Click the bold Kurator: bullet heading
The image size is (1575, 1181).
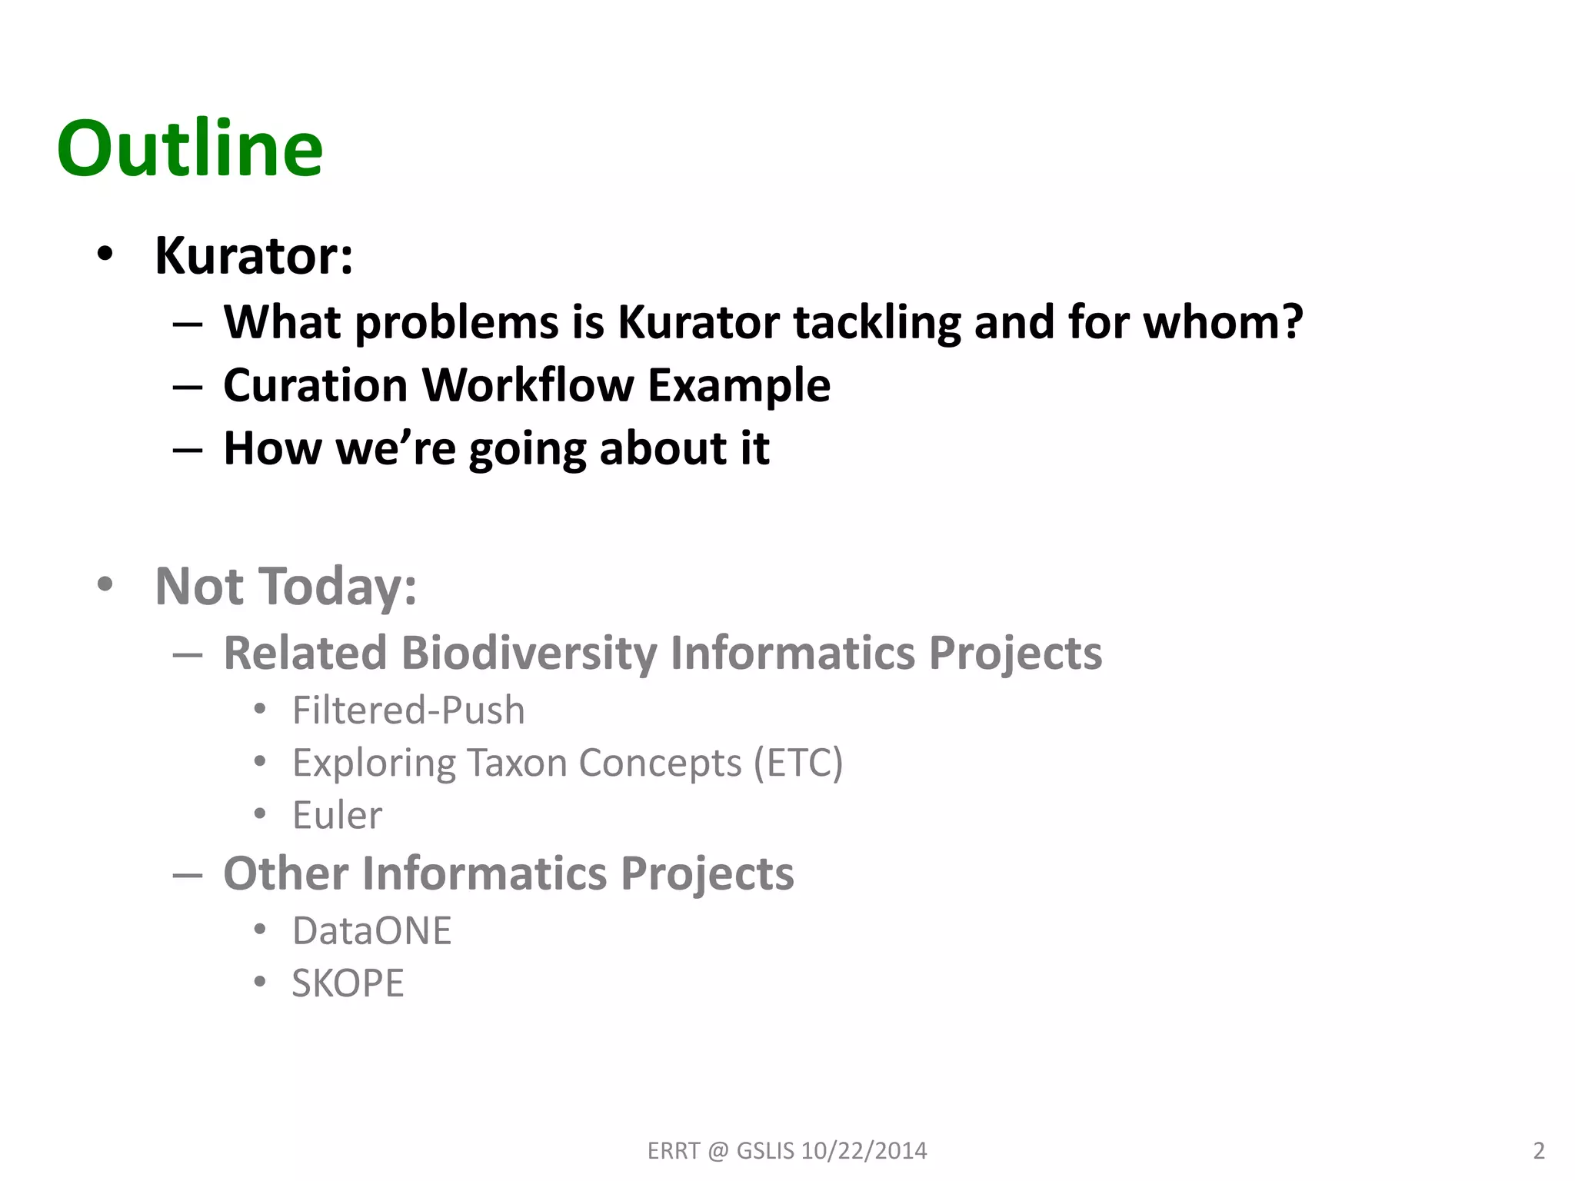[x=254, y=255]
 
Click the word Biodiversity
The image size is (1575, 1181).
[x=529, y=653]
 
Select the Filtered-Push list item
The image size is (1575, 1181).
[x=408, y=710]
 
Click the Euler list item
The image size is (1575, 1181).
[x=337, y=815]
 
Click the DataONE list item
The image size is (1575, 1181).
[x=371, y=931]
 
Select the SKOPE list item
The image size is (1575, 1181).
[x=348, y=983]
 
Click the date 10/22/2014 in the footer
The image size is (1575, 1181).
[x=864, y=1150]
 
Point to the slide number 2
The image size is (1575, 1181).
[x=1538, y=1150]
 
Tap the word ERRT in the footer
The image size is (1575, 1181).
[x=674, y=1150]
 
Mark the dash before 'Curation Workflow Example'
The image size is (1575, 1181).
[x=188, y=387]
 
